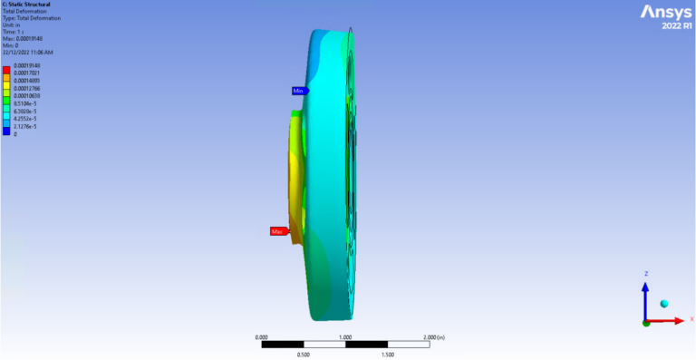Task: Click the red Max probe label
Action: click(278, 231)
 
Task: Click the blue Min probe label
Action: click(298, 91)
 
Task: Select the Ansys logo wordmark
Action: click(666, 12)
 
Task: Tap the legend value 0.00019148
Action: click(26, 66)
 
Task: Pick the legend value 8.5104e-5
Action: click(26, 102)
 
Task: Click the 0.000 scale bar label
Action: click(262, 336)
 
